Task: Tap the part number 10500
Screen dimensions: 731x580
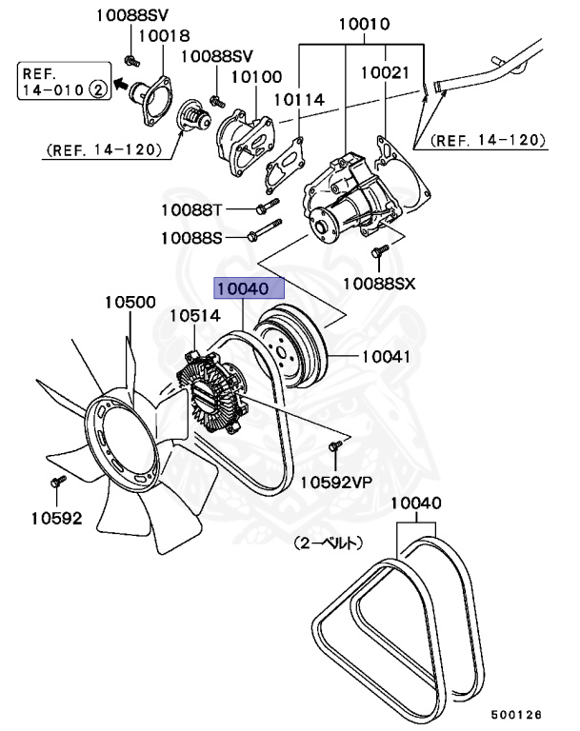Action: click(x=130, y=303)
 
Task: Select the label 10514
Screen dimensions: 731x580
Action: click(x=195, y=315)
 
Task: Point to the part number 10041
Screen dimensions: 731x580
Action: click(x=386, y=358)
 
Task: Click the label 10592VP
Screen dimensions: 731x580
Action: click(x=336, y=482)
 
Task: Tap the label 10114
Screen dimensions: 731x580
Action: click(x=299, y=99)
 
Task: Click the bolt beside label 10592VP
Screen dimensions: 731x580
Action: click(x=334, y=447)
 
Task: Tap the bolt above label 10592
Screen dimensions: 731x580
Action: click(x=56, y=483)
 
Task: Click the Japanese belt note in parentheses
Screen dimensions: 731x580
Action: click(x=328, y=544)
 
